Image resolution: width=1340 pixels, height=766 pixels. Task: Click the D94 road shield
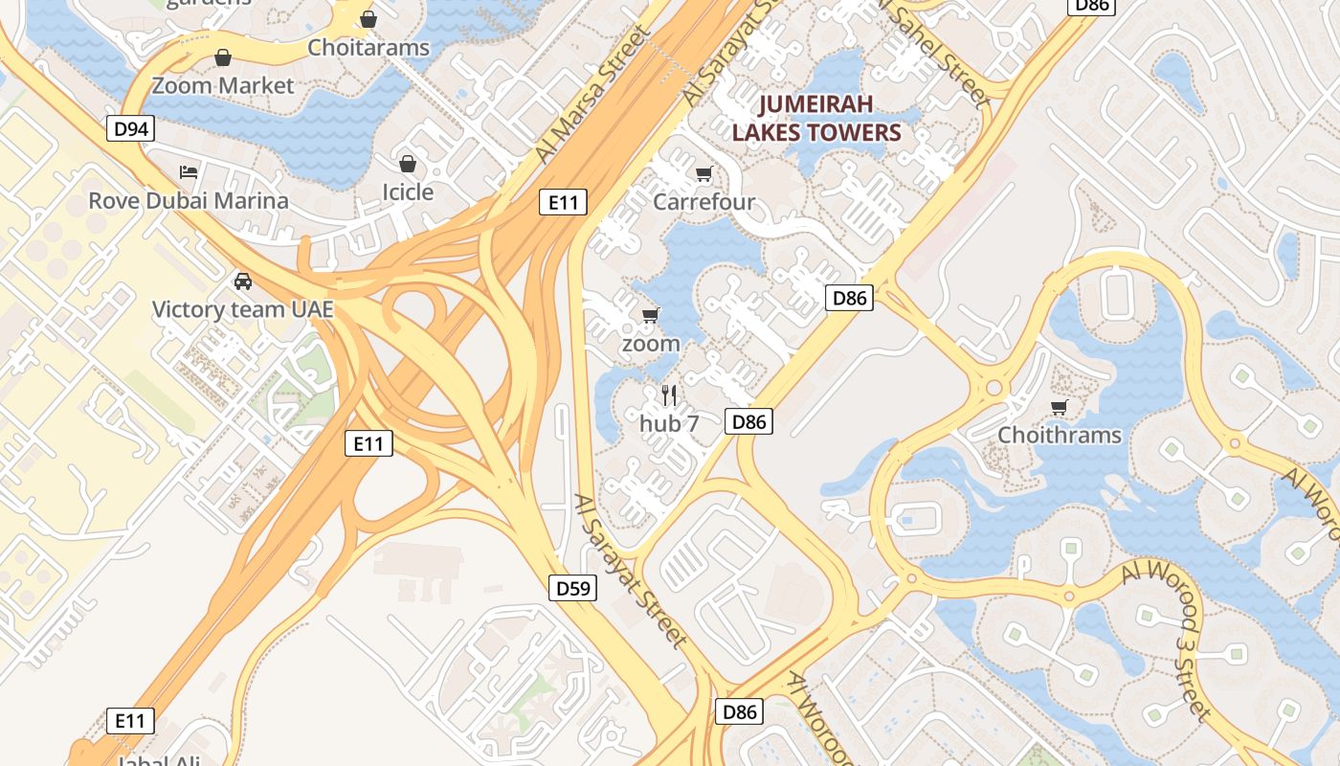(130, 128)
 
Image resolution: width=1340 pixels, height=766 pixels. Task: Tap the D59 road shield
(573, 588)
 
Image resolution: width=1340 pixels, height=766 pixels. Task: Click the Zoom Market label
(223, 85)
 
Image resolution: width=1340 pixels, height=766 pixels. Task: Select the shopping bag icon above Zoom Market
(223, 57)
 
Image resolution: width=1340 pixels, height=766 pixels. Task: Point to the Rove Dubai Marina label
(189, 200)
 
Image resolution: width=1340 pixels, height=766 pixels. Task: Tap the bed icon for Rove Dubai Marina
(189, 172)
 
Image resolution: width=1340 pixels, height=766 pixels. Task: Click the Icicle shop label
(408, 191)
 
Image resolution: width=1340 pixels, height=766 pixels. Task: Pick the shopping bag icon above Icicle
(408, 164)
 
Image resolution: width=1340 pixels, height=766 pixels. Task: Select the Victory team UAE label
(243, 309)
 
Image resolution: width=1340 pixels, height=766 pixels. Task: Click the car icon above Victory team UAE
(243, 282)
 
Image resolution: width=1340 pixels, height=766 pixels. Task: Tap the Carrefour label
(704, 201)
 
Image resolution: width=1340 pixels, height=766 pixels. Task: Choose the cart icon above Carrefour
(704, 173)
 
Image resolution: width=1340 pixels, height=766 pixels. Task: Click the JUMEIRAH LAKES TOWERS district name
(816, 118)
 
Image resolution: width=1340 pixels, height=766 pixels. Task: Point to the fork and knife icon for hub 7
(669, 394)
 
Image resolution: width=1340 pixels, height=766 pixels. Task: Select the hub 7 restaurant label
(669, 422)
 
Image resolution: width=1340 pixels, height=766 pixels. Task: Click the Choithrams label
(1060, 435)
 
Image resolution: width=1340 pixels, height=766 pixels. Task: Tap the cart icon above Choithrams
(1060, 407)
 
